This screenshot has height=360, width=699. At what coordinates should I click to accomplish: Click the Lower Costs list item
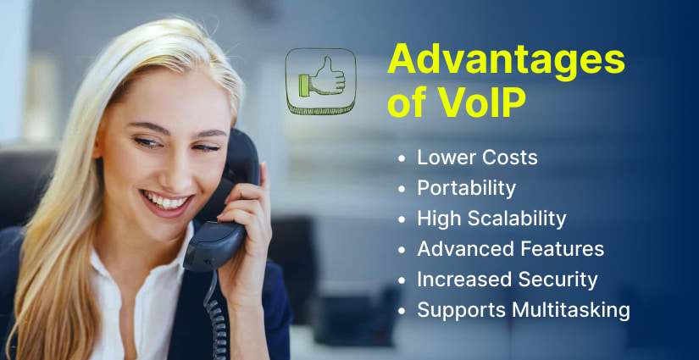[x=477, y=158]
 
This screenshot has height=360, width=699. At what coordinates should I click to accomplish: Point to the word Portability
[x=466, y=188]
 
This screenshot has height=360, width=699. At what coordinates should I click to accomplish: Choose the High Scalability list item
[x=491, y=219]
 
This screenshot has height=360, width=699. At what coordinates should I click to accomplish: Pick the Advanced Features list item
[x=510, y=249]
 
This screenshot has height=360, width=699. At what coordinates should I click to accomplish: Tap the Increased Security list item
[x=507, y=280]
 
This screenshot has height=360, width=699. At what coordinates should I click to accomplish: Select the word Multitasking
[x=571, y=311]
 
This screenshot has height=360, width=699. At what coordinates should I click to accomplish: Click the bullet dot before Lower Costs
[x=401, y=158]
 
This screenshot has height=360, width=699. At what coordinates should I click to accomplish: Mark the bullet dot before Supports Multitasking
[x=401, y=311]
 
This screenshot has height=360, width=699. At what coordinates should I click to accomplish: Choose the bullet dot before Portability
[x=401, y=189]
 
